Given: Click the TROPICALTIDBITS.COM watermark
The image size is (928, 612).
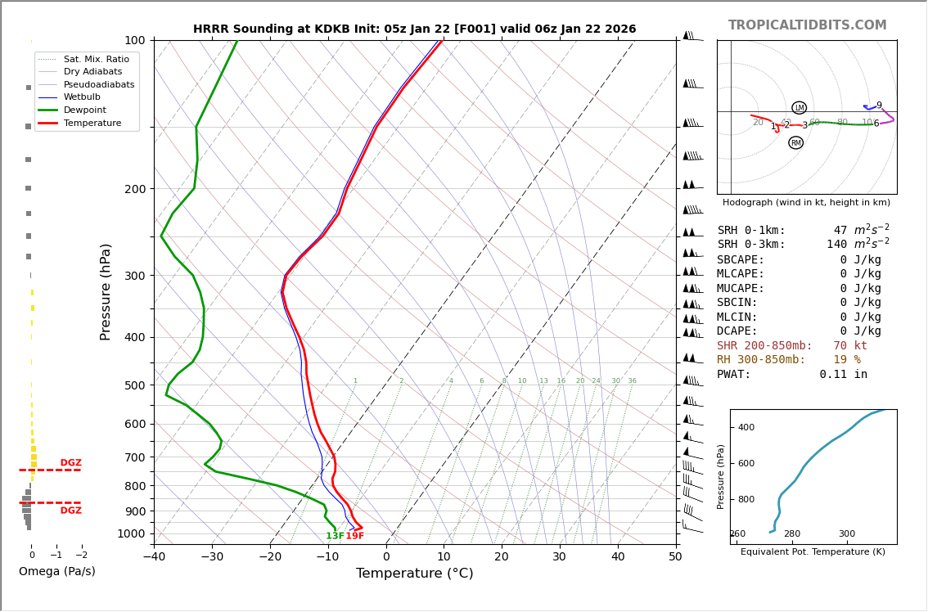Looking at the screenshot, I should [x=807, y=25].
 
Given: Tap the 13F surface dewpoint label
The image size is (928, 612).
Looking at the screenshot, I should [x=335, y=537].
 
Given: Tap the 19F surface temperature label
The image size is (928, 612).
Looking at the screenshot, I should [x=354, y=537].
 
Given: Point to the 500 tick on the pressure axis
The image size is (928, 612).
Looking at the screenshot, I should [x=133, y=385].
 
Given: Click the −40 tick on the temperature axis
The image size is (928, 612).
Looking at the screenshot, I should [x=154, y=557].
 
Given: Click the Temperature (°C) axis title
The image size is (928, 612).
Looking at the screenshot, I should [x=415, y=574].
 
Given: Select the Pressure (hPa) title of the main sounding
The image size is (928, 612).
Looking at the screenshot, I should [x=106, y=291].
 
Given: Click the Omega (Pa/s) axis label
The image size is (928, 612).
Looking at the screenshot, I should [x=57, y=572].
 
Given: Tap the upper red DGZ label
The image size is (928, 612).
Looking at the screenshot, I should [x=71, y=463].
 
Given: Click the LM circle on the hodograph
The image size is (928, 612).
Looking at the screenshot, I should [x=800, y=108].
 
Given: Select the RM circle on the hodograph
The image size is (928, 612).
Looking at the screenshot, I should [x=795, y=143].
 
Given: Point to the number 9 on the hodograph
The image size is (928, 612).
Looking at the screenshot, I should [x=879, y=106].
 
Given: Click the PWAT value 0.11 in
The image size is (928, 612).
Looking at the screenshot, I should [x=843, y=375].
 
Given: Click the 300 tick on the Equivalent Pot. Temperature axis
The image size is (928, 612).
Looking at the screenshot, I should [x=846, y=534].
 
